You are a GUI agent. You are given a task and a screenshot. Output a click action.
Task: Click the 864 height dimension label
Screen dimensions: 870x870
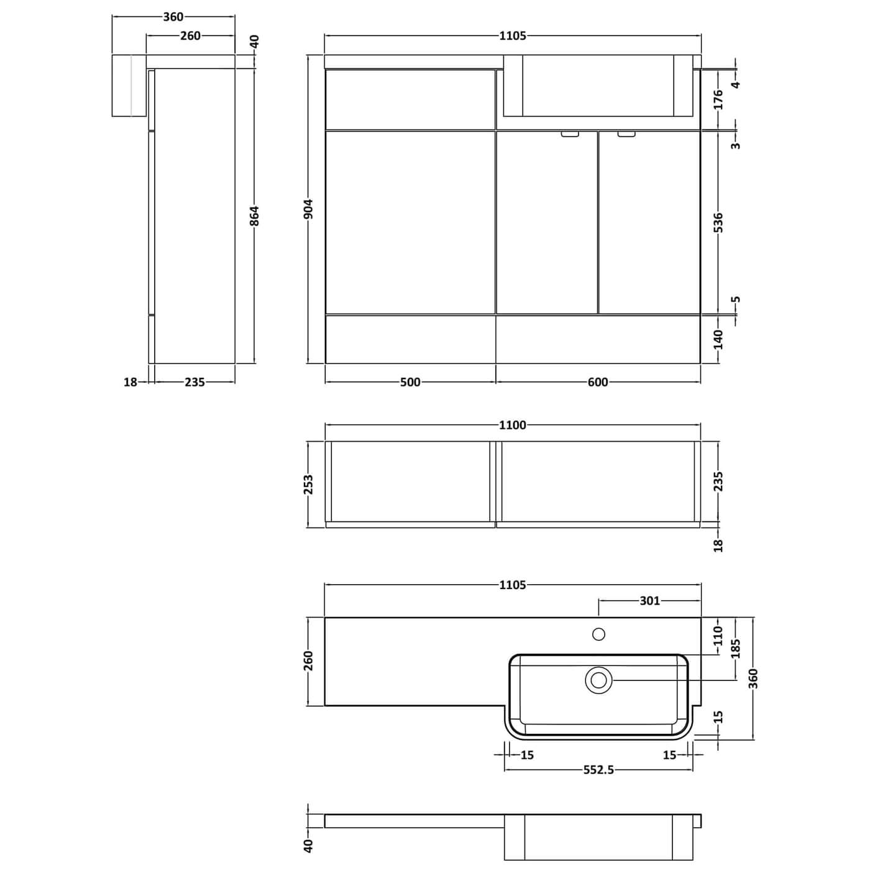point(255,216)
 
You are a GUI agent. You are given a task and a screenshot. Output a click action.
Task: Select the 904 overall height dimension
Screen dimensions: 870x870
point(309,209)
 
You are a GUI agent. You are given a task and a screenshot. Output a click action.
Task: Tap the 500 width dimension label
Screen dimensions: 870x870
point(410,382)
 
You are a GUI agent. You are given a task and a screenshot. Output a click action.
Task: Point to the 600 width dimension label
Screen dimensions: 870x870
point(598,382)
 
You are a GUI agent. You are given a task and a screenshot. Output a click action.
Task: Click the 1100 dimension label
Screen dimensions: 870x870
point(513,425)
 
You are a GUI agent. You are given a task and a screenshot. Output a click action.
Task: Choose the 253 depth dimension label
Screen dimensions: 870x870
point(309,485)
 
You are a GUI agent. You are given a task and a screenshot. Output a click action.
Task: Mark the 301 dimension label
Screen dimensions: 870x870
point(649,600)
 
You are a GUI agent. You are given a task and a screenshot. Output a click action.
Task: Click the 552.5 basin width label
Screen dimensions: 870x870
point(598,770)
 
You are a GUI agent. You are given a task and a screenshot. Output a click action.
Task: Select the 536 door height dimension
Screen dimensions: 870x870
point(719,222)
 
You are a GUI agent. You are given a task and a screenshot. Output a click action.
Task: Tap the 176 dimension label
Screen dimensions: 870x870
point(719,99)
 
